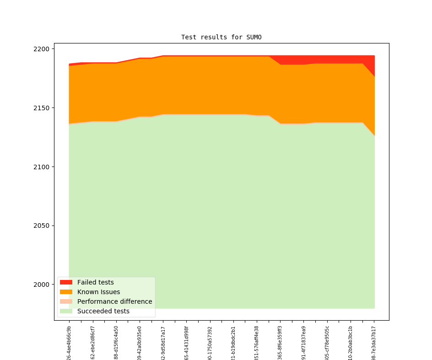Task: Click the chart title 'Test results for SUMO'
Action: click(x=221, y=37)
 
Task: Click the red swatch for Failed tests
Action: click(x=66, y=283)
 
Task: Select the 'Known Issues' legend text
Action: click(x=98, y=292)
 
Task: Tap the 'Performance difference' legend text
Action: click(x=114, y=302)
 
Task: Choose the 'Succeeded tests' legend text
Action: click(x=103, y=312)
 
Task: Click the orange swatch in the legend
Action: click(x=66, y=292)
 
